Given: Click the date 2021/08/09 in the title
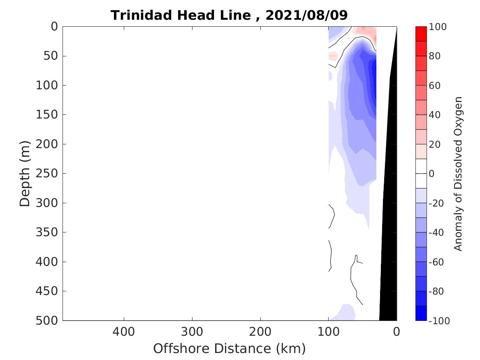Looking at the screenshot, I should [306, 15].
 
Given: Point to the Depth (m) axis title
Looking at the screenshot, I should [25, 173].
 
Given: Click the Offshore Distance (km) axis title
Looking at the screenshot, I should [230, 348].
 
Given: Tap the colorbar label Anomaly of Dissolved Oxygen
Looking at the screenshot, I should [458, 173].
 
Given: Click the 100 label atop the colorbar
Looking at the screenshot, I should [438, 27].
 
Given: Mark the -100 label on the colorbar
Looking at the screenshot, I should [439, 321].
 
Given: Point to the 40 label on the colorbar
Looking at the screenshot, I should [435, 115].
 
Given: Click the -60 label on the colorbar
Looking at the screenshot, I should [437, 262].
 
